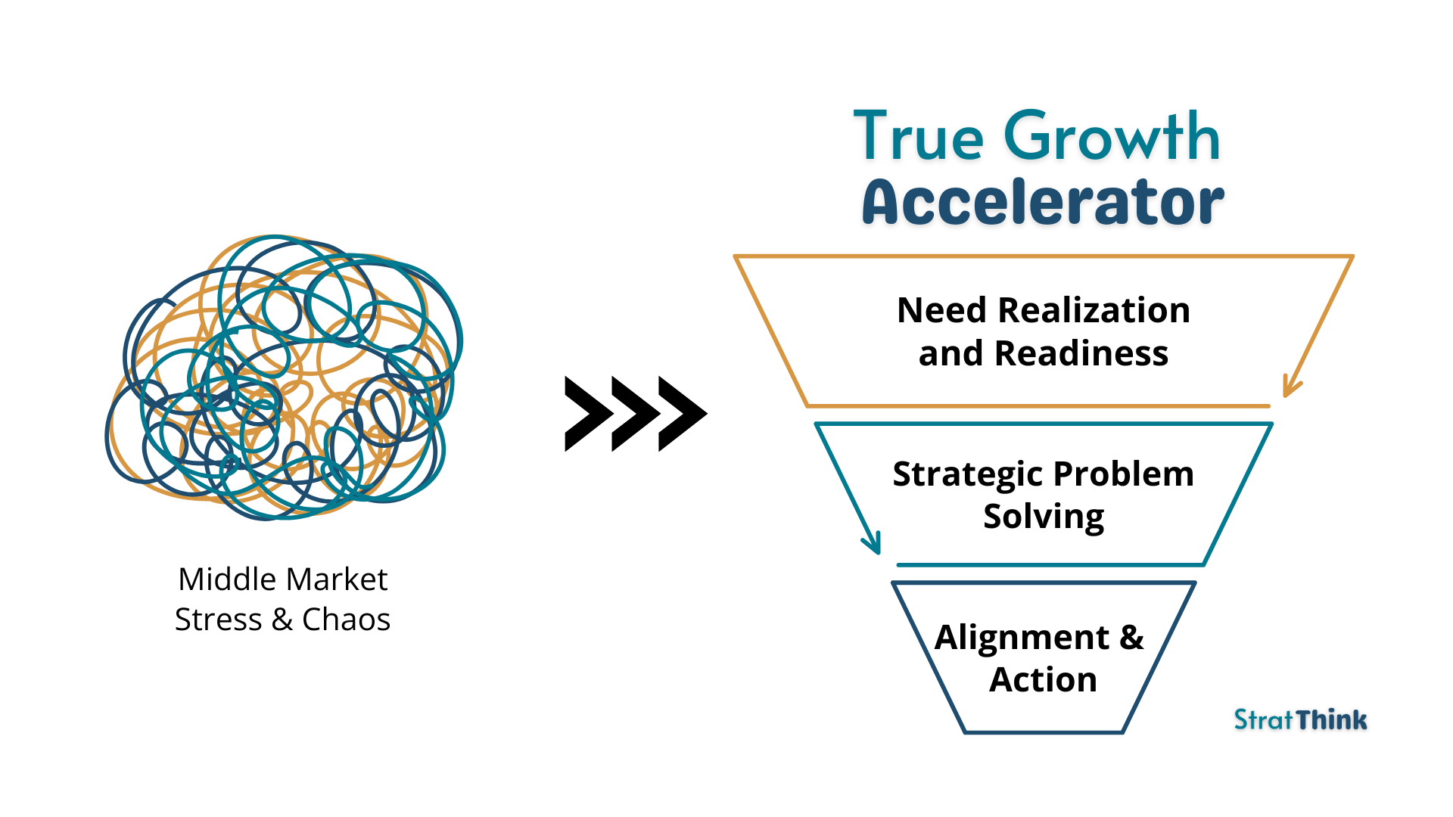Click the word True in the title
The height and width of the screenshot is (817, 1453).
tap(919, 138)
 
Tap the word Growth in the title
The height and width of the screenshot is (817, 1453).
tap(1112, 138)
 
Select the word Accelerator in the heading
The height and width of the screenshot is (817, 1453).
tap(1043, 203)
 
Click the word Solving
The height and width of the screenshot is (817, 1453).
tap(1044, 517)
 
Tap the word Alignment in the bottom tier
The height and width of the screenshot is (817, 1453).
tap(1022, 638)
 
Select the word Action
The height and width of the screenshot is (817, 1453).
tap(1043, 679)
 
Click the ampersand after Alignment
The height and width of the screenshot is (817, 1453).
tap(1131, 637)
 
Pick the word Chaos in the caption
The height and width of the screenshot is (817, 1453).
tap(346, 620)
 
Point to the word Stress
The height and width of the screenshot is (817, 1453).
tap(218, 620)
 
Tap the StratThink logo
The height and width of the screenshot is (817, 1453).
tap(1300, 719)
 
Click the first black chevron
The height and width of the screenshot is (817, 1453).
tap(587, 414)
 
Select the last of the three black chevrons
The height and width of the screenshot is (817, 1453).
tap(681, 414)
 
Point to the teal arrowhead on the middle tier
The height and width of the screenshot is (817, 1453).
tap(873, 542)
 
